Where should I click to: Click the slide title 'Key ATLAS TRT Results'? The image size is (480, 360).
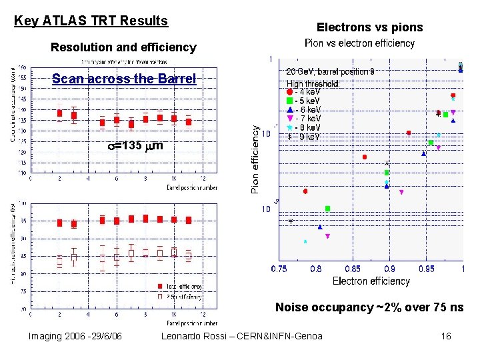coord(91,21)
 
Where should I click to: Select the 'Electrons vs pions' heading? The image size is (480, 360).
coord(369,27)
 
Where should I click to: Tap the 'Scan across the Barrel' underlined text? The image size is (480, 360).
coord(124,79)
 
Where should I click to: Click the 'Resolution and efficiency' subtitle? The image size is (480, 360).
coord(123,47)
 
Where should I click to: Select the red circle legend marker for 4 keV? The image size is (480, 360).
coord(289,92)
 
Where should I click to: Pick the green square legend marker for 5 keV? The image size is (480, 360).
coord(289,101)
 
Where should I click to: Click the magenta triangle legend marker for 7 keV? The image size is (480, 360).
coord(289,118)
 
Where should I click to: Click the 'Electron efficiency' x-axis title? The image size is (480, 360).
coord(371,281)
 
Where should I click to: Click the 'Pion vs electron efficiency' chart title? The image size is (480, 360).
coord(359,43)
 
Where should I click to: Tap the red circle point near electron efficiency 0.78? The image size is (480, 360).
coord(305,191)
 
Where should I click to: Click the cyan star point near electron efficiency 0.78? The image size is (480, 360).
coord(305,241)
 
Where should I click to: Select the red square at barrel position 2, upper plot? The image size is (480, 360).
coord(59,113)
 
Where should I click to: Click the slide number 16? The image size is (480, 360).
coord(446,336)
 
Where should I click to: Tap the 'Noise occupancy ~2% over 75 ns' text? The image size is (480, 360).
coord(369,307)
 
